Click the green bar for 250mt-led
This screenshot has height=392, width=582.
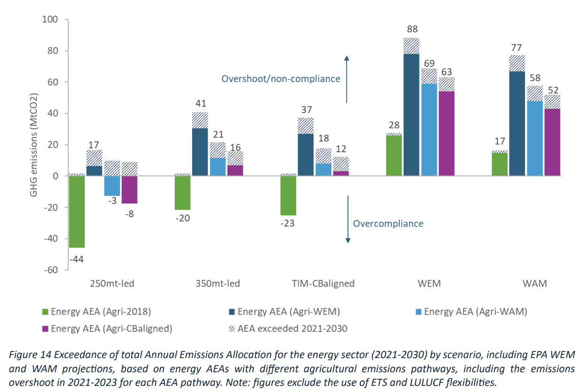point(77,212)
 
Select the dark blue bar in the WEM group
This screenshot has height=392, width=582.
point(412,115)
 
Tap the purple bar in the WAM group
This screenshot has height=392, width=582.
point(552,142)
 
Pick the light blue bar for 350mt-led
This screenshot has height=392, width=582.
point(218,167)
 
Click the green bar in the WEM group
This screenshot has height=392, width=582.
point(394,155)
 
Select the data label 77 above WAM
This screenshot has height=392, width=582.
point(517,47)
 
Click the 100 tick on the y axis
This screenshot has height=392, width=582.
point(49,20)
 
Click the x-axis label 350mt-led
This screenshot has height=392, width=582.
point(217,284)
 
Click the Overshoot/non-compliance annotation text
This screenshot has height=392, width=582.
point(281,79)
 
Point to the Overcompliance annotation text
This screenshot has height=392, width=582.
point(388,223)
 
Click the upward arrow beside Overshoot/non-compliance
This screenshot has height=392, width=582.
point(347,79)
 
